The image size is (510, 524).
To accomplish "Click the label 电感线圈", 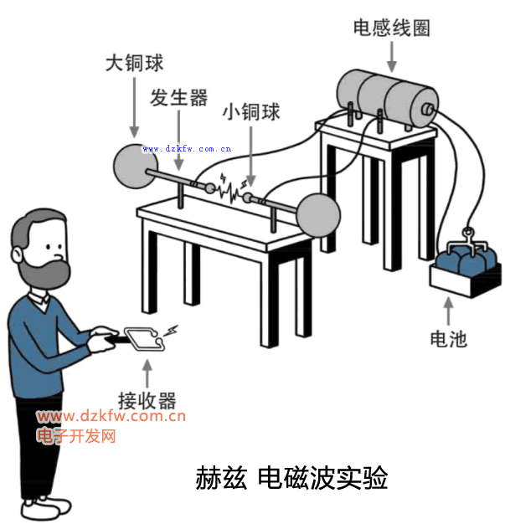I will coord(392,28).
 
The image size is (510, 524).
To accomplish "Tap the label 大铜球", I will coord(134,63).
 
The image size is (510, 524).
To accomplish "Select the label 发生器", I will coord(179,98).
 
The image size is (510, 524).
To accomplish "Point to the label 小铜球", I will coord(250,112).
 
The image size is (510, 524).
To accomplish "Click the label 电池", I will coord(447,340).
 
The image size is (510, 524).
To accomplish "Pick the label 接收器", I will coord(147,399).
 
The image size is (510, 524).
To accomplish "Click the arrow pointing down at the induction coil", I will coord(392,55).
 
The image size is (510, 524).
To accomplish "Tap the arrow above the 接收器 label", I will coord(147,372).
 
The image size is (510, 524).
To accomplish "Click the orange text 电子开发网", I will coord(76,436).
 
